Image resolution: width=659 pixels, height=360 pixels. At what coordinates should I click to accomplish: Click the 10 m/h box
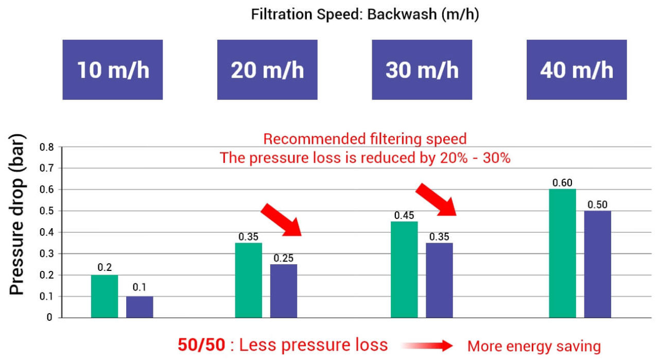coord(113,70)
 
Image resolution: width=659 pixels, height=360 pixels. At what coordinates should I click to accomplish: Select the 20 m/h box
coord(267,70)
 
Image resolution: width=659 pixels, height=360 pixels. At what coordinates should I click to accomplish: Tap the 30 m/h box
coord(422,70)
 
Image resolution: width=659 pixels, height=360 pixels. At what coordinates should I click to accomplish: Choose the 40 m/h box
coord(577,70)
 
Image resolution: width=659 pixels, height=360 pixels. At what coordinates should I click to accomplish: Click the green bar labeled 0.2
coord(105,296)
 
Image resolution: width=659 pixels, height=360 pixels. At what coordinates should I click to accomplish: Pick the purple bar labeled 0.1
coord(140,307)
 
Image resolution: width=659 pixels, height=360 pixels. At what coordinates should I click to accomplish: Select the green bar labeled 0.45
coord(404,269)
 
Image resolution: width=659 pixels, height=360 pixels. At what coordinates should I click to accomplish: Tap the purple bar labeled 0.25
coord(284,291)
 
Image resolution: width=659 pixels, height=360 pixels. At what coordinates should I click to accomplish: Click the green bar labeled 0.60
coord(562,253)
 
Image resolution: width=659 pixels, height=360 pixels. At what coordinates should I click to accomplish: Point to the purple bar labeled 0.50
coord(597,264)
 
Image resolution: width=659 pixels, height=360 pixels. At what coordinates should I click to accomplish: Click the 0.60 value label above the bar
coord(562,183)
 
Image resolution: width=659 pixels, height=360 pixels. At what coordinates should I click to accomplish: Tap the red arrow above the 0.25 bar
coord(281,219)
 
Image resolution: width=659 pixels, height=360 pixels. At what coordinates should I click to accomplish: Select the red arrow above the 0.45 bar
coord(436,199)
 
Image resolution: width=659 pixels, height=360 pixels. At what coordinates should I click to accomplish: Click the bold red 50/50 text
coord(201,345)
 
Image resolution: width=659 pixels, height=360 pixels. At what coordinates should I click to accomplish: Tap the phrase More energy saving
coord(534,347)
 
